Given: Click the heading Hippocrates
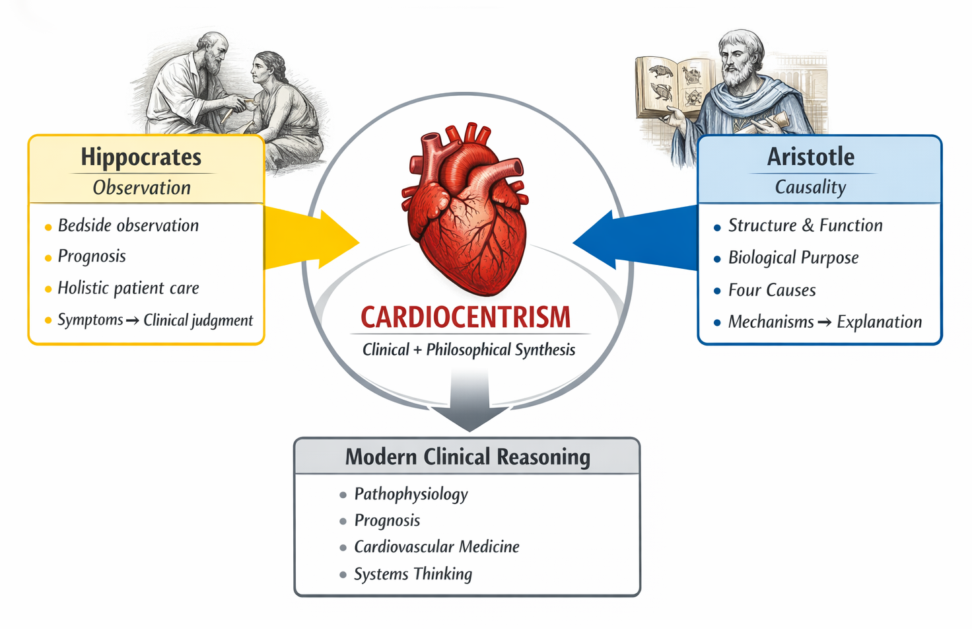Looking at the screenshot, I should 141,157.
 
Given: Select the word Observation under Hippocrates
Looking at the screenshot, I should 141,188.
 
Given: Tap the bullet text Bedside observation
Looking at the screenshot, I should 128,225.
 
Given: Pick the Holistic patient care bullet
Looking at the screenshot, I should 128,288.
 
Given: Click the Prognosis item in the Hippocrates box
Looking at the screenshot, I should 92,256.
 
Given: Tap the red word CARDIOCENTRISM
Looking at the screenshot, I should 466,318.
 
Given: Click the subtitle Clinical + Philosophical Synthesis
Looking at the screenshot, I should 469,350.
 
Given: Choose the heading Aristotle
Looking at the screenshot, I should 810,157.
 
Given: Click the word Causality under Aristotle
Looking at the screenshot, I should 810,188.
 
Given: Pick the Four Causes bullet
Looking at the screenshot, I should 771,290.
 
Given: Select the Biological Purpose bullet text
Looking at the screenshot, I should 793,258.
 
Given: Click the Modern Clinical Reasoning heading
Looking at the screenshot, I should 468,457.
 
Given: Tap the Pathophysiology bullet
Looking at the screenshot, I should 411,494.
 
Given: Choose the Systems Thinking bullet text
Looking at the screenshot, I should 413,574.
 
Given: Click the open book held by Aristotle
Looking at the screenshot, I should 674,86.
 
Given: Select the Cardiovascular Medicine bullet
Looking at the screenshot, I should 436,547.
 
